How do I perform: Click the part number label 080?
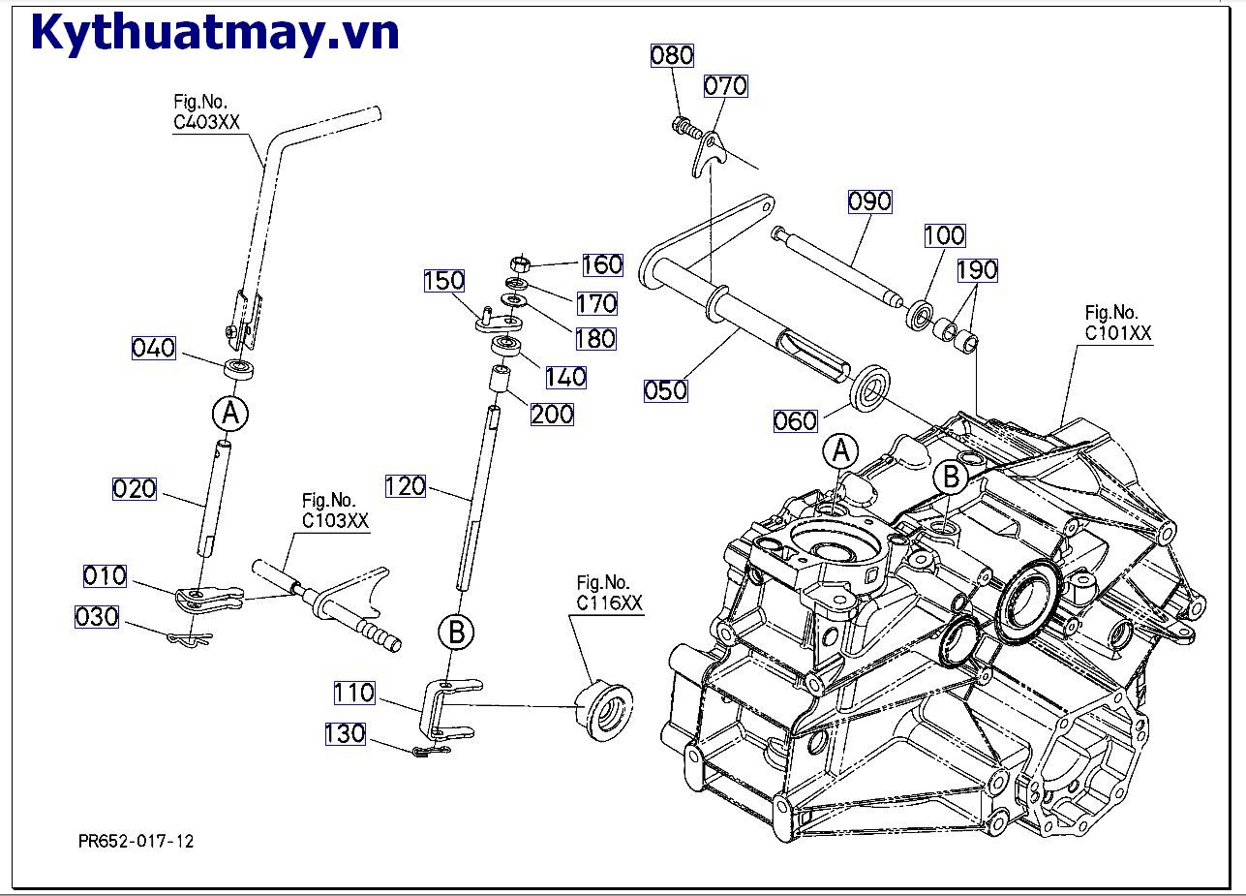coord(672,55)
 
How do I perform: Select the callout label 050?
coord(665,390)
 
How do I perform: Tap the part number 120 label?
coord(406,486)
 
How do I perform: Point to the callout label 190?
coord(977,269)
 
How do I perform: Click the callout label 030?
coord(97,616)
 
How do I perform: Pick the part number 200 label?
coord(552,414)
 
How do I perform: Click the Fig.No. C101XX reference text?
coord(1118,323)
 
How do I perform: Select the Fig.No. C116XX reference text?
coord(610,593)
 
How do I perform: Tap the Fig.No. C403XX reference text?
coord(206,112)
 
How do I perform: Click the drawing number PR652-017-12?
coord(137,841)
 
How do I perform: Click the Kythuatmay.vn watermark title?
coord(215,33)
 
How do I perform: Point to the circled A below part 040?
coord(229,414)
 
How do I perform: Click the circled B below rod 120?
coord(456,633)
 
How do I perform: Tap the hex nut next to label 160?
coord(519,263)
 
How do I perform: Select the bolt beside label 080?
coord(684,126)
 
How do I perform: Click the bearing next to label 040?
coord(239,368)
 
